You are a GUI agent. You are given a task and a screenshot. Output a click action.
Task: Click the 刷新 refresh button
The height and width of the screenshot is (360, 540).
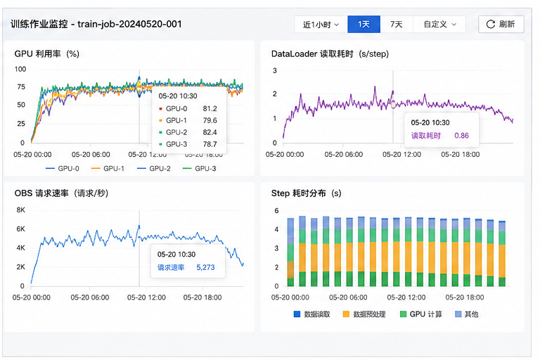pos(501,24)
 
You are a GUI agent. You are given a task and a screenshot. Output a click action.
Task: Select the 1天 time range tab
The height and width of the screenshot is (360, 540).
pos(364,24)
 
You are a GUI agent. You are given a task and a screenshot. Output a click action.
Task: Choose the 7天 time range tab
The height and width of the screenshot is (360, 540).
pos(397,24)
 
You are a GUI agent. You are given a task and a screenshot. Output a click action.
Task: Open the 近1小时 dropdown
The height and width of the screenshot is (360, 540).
pos(321,24)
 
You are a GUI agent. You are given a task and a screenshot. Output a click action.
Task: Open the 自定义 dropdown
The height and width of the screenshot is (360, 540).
pos(439,24)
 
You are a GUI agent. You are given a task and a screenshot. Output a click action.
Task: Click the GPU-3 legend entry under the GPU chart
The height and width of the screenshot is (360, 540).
pos(200,169)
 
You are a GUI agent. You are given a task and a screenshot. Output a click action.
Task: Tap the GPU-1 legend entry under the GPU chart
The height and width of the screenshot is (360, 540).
pos(108,169)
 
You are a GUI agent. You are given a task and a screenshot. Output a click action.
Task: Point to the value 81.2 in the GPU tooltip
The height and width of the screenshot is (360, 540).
pos(210,108)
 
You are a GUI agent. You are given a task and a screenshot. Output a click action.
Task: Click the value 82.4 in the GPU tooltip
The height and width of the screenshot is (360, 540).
pos(210,132)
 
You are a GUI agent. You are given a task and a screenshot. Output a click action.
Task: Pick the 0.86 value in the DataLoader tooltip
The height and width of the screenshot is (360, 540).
pos(461,136)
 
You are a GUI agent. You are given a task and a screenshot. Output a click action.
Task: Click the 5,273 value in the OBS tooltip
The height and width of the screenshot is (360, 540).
pos(205,267)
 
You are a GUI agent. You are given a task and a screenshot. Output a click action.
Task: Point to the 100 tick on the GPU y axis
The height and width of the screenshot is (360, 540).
pos(20,69)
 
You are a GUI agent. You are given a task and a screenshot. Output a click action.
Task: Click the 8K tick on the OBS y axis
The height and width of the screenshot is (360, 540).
pos(20,210)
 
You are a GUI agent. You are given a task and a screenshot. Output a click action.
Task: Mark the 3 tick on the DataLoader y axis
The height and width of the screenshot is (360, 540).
pos(275,70)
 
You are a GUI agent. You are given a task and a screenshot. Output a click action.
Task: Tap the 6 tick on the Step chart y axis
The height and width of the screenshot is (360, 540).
pos(276,210)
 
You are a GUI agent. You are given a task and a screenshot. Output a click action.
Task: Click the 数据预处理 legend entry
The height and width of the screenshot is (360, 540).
pos(364,314)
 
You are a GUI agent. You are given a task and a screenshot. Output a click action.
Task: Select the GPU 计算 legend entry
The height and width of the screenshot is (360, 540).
pos(421,314)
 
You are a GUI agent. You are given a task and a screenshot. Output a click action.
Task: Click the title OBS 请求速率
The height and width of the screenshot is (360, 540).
pos(41,193)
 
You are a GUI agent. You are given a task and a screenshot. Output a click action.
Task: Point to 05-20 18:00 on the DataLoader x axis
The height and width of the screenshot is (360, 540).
pos(461,154)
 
